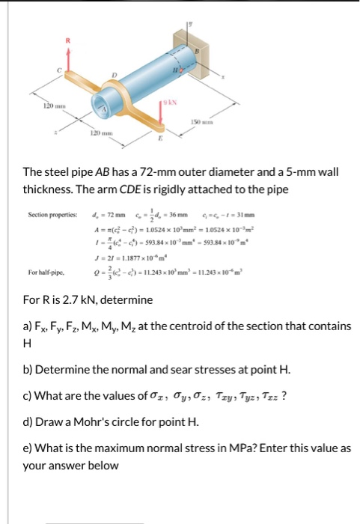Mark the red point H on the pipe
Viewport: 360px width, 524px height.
click(178, 70)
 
